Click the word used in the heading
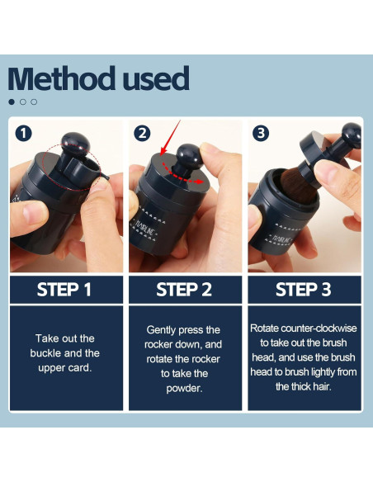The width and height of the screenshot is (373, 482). tap(156, 78)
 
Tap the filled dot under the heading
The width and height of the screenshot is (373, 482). tap(12, 102)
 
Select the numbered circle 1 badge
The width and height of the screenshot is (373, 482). tap(23, 134)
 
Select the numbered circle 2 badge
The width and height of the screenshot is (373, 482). tap(142, 134)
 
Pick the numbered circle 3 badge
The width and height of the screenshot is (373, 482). tap(261, 134)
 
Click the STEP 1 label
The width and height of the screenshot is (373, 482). tap(64, 290)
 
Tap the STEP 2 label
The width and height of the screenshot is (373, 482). tap(184, 290)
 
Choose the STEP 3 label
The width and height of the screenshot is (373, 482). tap(303, 290)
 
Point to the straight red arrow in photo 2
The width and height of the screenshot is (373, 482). tap(170, 137)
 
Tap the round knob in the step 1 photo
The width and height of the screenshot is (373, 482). tap(75, 144)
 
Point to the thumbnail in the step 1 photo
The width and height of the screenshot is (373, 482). tap(34, 211)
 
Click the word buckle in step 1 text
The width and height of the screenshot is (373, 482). tap(46, 353)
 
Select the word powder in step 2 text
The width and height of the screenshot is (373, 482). tap(184, 389)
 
